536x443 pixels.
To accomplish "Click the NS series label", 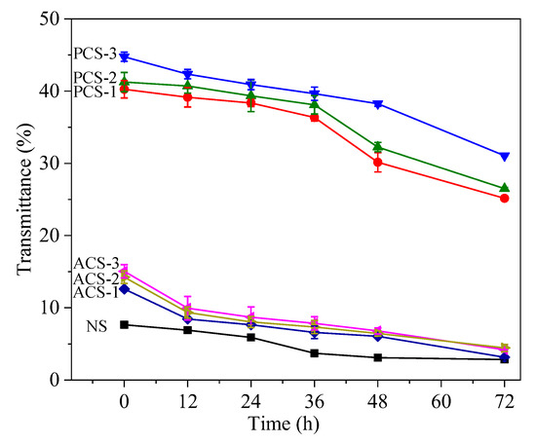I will click(97, 324).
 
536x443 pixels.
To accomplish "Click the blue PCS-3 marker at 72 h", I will click(504, 156).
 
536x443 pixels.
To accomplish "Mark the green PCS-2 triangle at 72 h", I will click(504, 188).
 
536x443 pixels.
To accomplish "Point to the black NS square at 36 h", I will click(314, 352).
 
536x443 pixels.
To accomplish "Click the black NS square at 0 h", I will click(124, 324).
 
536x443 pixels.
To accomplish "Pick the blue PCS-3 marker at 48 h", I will click(377, 104).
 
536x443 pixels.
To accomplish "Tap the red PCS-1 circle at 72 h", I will click(504, 199).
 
